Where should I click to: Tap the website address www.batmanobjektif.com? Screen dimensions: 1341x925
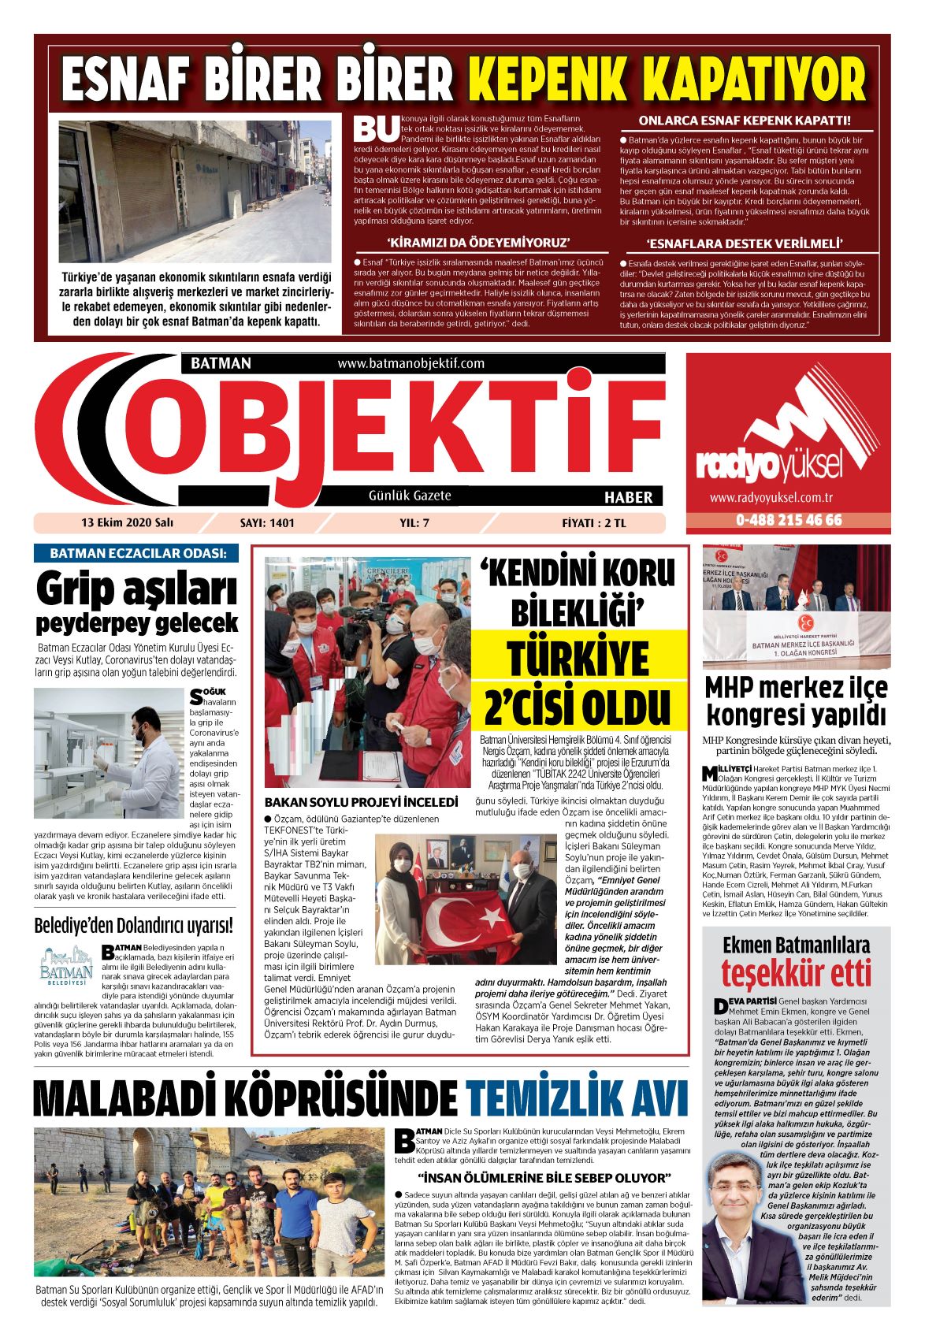[410, 363]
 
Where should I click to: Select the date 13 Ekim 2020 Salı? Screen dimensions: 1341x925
[127, 522]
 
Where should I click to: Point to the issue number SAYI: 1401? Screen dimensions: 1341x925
[267, 522]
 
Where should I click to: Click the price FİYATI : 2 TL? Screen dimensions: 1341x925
[594, 522]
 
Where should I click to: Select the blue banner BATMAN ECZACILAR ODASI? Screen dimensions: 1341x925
[136, 553]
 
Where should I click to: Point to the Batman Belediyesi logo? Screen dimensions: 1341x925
[66, 967]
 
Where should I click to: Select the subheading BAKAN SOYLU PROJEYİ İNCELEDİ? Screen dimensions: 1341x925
[361, 802]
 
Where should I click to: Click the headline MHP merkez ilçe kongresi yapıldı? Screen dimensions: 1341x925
[796, 700]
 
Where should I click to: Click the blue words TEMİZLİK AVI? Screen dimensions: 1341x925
[566, 1098]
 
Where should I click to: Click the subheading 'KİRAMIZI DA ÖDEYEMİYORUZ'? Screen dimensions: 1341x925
[478, 243]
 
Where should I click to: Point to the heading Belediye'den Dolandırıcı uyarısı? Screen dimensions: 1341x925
[134, 924]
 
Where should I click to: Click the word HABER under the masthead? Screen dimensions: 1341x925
[628, 496]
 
